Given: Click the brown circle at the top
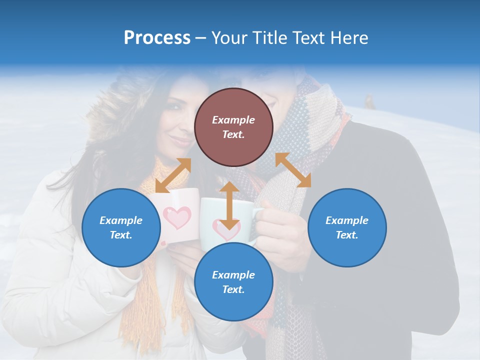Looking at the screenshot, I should tap(233, 127).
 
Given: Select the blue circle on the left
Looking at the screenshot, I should tap(121, 227).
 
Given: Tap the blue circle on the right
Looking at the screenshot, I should tap(347, 227).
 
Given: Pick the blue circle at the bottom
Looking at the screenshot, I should tap(233, 282).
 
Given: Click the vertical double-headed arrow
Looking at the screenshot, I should tap(229, 205).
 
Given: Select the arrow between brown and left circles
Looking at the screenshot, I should tap(173, 175).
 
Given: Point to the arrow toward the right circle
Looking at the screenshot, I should tap(293, 170).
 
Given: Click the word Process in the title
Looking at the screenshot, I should tap(157, 37).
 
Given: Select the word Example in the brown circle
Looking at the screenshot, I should tap(233, 120).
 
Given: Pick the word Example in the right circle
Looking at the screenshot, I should tap(347, 220).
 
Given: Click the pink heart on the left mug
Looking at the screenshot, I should tap(177, 217).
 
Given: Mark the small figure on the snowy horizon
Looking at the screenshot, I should tap(370, 101).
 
